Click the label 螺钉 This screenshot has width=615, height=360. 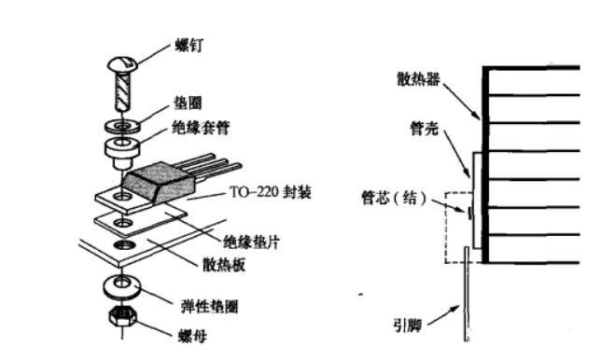189,47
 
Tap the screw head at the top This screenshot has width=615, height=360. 122,64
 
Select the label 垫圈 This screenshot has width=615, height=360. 188,104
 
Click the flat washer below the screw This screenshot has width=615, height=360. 122,126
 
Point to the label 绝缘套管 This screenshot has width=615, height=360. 201,128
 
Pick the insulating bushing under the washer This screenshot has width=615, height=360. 122,151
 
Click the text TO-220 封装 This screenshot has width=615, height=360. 271,192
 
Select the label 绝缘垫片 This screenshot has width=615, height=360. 251,242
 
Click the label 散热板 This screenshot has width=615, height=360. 224,265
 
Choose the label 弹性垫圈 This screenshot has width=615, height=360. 209,306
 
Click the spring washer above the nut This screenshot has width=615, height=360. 122,286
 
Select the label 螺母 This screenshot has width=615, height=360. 192,336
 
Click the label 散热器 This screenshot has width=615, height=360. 418,79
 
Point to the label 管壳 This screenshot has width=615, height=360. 424,128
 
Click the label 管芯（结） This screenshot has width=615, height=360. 394,198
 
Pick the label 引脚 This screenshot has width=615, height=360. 408,325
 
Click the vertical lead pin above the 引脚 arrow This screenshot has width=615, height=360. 467,294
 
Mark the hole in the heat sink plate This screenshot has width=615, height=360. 124,245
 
